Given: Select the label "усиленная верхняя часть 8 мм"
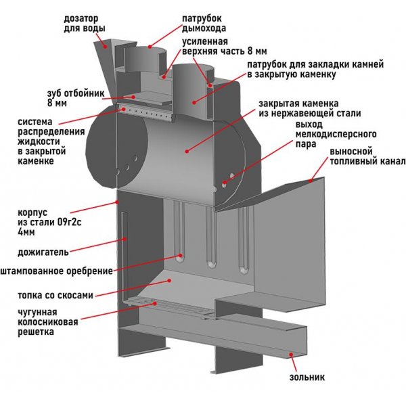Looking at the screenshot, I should pos(223,46).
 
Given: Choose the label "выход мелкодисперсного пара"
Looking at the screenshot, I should pos(325,135).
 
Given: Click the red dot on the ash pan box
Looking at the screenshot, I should pos(292,353).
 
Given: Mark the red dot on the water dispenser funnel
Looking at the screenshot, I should pos(107,46).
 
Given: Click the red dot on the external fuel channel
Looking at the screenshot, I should pos(311,181).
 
